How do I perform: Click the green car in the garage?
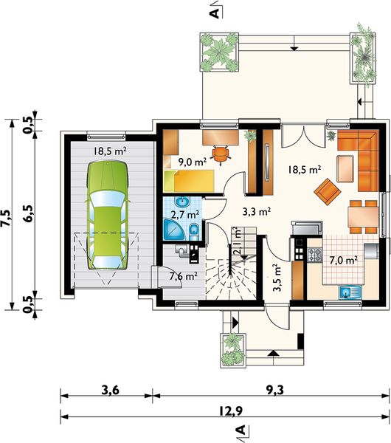click(x=108, y=216)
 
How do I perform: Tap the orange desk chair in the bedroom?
click(x=221, y=154)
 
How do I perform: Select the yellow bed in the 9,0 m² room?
click(x=189, y=181)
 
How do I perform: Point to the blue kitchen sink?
click(x=350, y=292)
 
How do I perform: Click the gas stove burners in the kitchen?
click(x=314, y=255)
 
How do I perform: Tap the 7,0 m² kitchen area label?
click(x=344, y=260)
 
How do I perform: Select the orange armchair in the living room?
click(x=328, y=191)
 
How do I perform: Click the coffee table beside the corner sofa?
click(x=345, y=168)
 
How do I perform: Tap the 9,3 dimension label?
click(x=274, y=390)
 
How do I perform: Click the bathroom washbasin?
click(x=182, y=202)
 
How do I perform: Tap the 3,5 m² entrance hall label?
click(x=277, y=278)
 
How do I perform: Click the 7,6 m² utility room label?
click(x=183, y=276)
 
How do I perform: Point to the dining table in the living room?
click(x=363, y=217)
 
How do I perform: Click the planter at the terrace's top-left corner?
click(x=219, y=52)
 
